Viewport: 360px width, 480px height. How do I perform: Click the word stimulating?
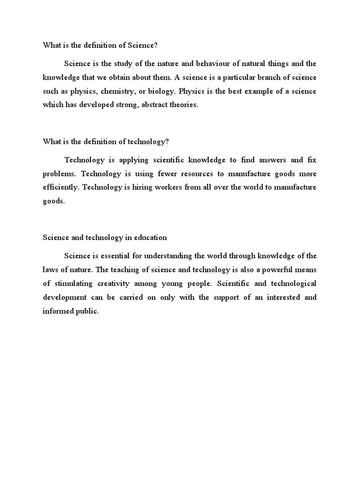[x=77, y=284]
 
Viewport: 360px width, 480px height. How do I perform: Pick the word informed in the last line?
[x=59, y=311]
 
